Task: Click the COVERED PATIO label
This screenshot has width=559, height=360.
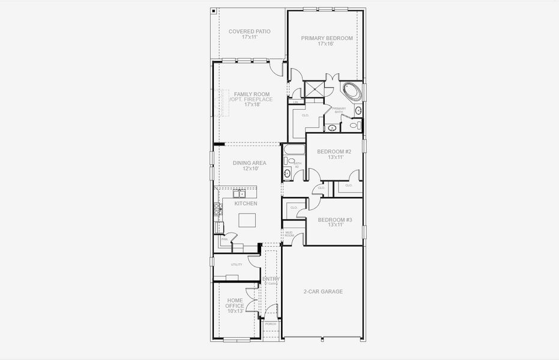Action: (249, 34)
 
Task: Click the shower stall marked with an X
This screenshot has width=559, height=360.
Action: (313, 89)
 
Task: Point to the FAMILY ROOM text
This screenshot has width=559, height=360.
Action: (251, 94)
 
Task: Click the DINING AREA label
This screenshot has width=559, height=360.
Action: (249, 163)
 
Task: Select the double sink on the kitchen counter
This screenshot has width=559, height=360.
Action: (239, 193)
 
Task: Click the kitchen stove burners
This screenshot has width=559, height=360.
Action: (217, 209)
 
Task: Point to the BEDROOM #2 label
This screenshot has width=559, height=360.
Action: (334, 152)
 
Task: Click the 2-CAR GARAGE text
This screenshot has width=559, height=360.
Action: (322, 292)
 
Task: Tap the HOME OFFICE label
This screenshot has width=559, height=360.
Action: (235, 305)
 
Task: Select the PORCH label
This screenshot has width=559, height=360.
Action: (271, 324)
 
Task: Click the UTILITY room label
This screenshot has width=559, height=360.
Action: (236, 265)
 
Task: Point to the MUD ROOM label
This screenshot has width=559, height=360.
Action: (289, 233)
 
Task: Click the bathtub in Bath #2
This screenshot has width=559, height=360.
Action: (294, 149)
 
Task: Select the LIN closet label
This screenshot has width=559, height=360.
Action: (295, 103)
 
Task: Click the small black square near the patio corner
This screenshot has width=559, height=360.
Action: (214, 10)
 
